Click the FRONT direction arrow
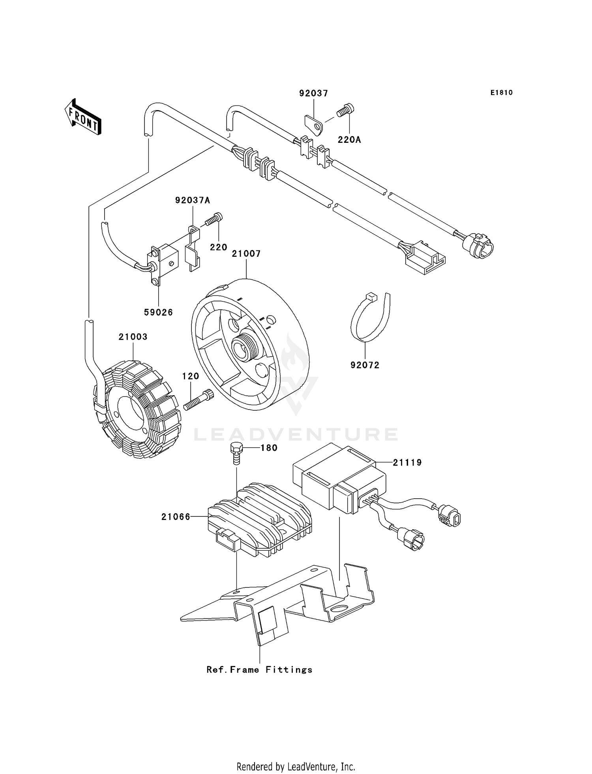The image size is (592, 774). (x=83, y=117)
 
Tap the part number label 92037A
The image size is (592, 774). (x=193, y=200)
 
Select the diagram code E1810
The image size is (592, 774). (x=502, y=93)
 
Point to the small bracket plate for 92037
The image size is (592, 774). (x=314, y=123)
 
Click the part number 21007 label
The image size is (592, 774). (x=246, y=254)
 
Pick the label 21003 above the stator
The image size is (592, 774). (x=133, y=337)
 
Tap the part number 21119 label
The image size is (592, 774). (x=407, y=462)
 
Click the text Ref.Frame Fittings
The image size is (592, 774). (x=259, y=669)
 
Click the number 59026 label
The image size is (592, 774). (x=158, y=312)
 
